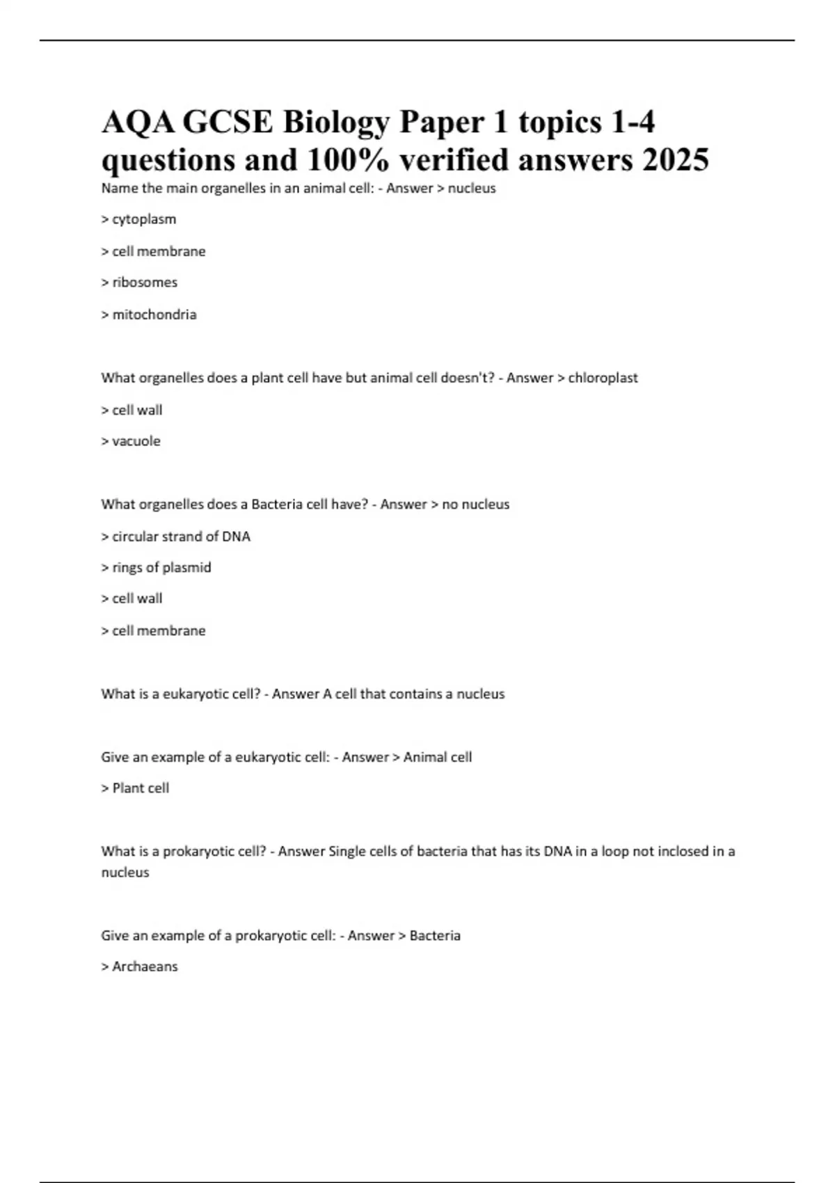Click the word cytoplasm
(144, 219)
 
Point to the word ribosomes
(145, 283)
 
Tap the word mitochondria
(154, 315)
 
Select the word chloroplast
(603, 378)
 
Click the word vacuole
(136, 441)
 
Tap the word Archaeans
(145, 967)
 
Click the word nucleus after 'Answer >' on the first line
(472, 188)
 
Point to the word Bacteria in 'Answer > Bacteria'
(435, 935)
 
